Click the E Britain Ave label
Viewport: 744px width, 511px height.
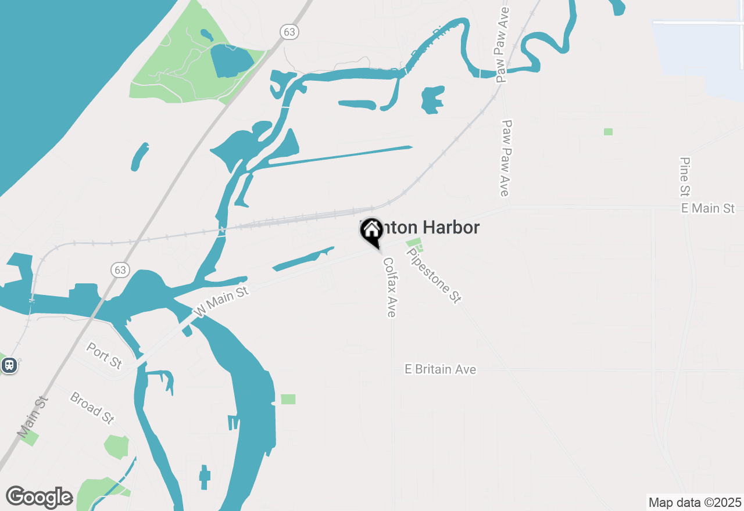pos(441,369)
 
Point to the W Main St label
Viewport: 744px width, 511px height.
pos(221,300)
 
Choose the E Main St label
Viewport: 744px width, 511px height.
pos(708,208)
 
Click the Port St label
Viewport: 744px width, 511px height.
pos(104,355)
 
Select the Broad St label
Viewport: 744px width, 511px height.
pos(91,407)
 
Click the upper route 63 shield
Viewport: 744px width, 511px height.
pos(289,32)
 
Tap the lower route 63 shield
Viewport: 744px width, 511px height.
pos(120,269)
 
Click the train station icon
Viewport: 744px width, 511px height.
pos(9,365)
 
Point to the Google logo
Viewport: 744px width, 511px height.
pos(39,497)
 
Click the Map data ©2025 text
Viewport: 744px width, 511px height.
pos(695,502)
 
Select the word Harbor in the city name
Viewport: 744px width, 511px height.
pos(451,228)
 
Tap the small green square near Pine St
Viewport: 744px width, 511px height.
pos(608,132)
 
